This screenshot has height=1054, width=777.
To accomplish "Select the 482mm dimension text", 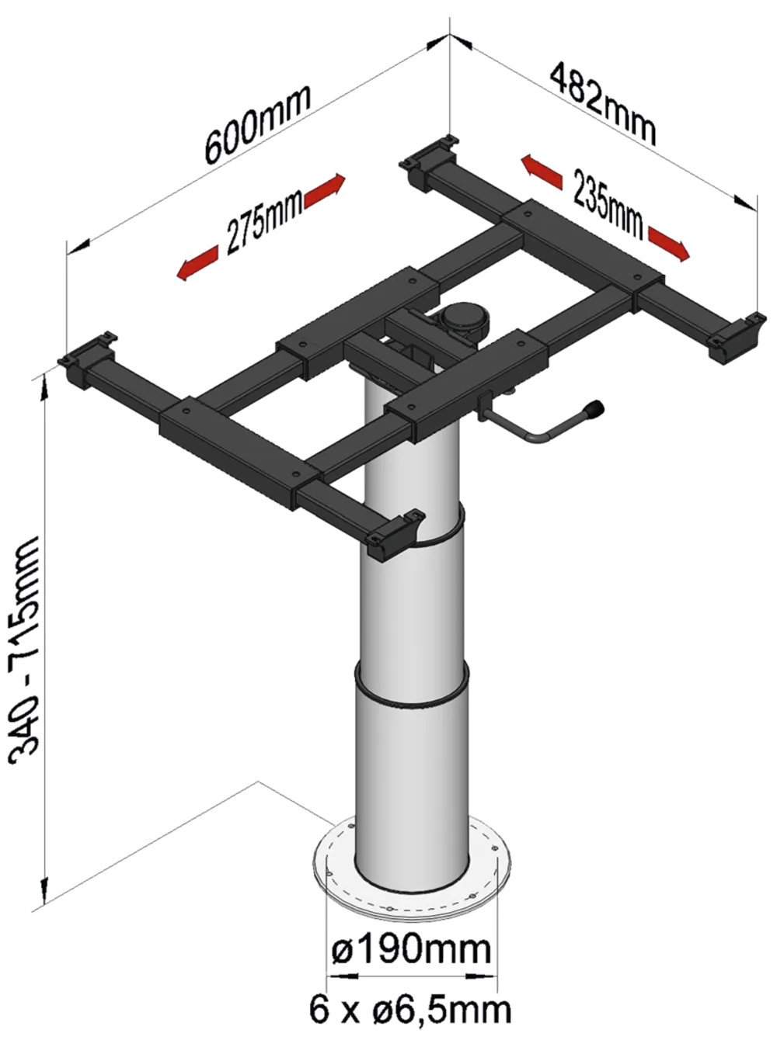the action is coord(604,105).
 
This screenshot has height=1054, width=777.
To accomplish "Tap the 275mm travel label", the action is coord(263,224).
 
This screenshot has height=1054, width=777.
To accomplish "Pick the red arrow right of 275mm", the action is coord(326,189).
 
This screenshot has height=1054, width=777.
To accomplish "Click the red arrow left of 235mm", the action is coord(542,172).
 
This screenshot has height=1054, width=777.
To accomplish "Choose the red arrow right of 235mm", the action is coord(669,243).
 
